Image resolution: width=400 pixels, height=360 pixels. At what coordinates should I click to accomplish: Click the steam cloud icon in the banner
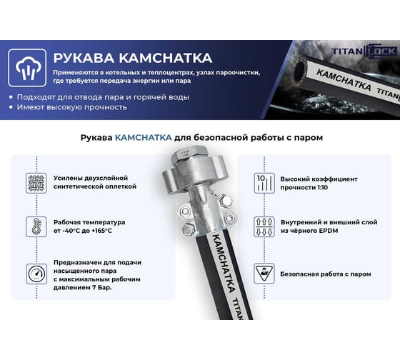tap(27, 68)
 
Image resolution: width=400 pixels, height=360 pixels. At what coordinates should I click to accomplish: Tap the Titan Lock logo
tap(364, 51)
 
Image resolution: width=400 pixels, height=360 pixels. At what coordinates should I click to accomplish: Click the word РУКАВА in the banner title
tap(84, 58)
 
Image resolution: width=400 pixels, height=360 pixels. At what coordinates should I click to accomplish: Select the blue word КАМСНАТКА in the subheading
tap(144, 138)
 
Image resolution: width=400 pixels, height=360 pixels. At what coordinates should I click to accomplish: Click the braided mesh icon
tap(36, 183)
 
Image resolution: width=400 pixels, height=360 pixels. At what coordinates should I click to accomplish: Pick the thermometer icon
tap(36, 226)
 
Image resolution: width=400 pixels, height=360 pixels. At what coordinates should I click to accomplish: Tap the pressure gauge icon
tap(36, 274)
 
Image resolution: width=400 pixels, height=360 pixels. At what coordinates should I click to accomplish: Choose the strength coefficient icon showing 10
tap(264, 183)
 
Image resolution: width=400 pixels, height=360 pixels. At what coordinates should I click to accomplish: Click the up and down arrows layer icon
tap(264, 226)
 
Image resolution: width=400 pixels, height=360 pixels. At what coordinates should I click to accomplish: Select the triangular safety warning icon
tap(264, 274)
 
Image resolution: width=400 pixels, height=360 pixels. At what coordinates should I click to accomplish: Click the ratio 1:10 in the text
tap(322, 188)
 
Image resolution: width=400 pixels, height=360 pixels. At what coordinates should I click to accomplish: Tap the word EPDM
tap(329, 231)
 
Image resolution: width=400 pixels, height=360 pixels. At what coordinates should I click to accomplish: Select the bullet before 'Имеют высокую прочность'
tap(11, 107)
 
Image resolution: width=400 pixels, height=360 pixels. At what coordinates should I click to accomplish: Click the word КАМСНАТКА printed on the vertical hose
tap(223, 263)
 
